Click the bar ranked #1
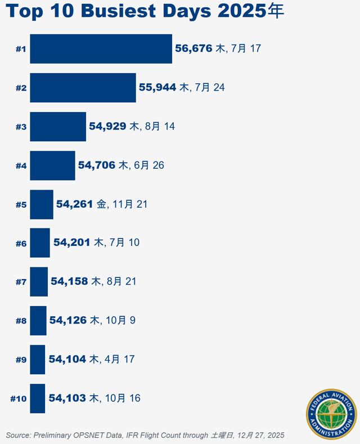(x=101, y=49)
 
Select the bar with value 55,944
(x=83, y=88)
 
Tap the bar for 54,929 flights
(x=58, y=127)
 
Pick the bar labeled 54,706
(x=52, y=165)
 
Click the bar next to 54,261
(x=42, y=204)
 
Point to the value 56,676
(x=193, y=49)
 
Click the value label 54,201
(x=72, y=243)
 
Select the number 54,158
(x=69, y=281)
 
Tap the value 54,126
(x=68, y=321)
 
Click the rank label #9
(x=21, y=360)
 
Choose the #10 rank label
(x=19, y=399)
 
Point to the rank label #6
(x=21, y=244)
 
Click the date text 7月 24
(x=210, y=88)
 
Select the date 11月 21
(x=130, y=204)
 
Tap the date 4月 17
(x=120, y=360)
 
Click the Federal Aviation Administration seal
(x=331, y=414)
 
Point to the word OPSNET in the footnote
(x=97, y=435)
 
